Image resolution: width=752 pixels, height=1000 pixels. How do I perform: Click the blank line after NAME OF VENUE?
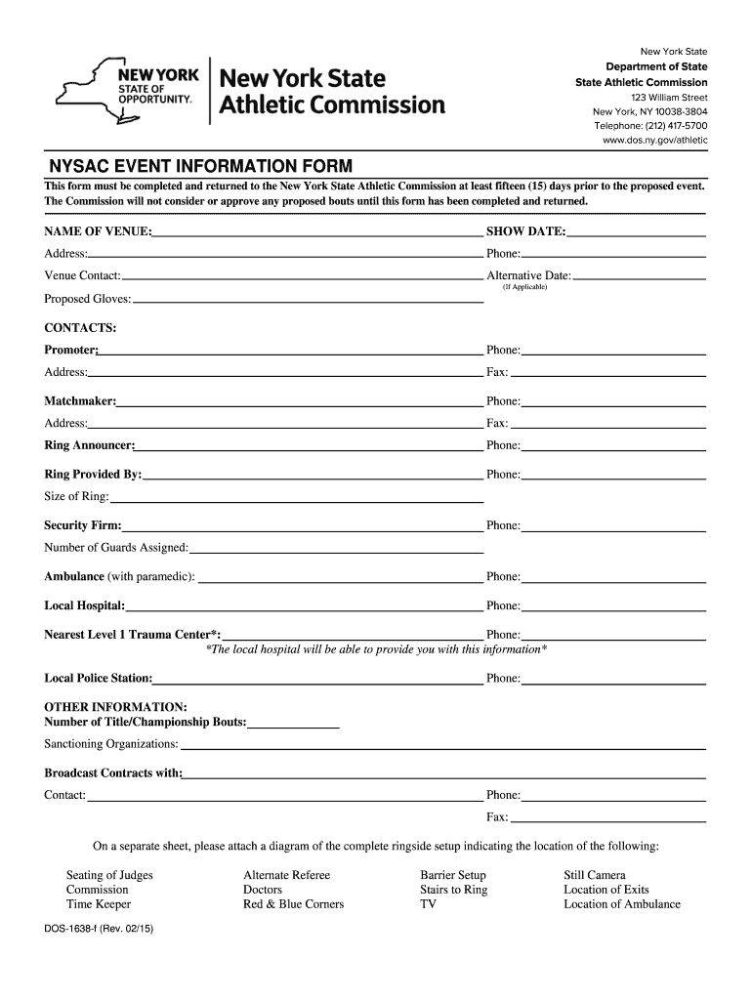click(317, 231)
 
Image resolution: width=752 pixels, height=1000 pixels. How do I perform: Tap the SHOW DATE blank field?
click(636, 231)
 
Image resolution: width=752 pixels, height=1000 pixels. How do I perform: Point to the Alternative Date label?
click(528, 276)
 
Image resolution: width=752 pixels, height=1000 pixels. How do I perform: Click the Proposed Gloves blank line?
click(308, 299)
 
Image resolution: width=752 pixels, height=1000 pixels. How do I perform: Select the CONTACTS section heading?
click(81, 326)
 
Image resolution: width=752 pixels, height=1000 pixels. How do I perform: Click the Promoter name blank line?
click(291, 350)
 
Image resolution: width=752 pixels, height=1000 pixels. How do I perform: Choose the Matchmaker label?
click(80, 401)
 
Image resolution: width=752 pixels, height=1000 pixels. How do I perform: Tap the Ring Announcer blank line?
click(309, 445)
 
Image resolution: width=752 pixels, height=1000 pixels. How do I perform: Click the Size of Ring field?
click(297, 496)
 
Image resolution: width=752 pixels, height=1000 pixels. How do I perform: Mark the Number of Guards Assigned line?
click(336, 548)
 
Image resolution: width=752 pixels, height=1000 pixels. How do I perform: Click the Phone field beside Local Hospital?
click(613, 605)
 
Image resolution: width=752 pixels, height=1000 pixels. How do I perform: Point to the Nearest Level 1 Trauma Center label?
click(133, 635)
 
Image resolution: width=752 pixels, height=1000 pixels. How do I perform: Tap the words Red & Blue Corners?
click(293, 904)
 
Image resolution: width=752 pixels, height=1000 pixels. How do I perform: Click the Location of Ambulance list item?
click(621, 904)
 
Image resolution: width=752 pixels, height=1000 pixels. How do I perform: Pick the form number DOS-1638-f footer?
click(99, 943)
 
